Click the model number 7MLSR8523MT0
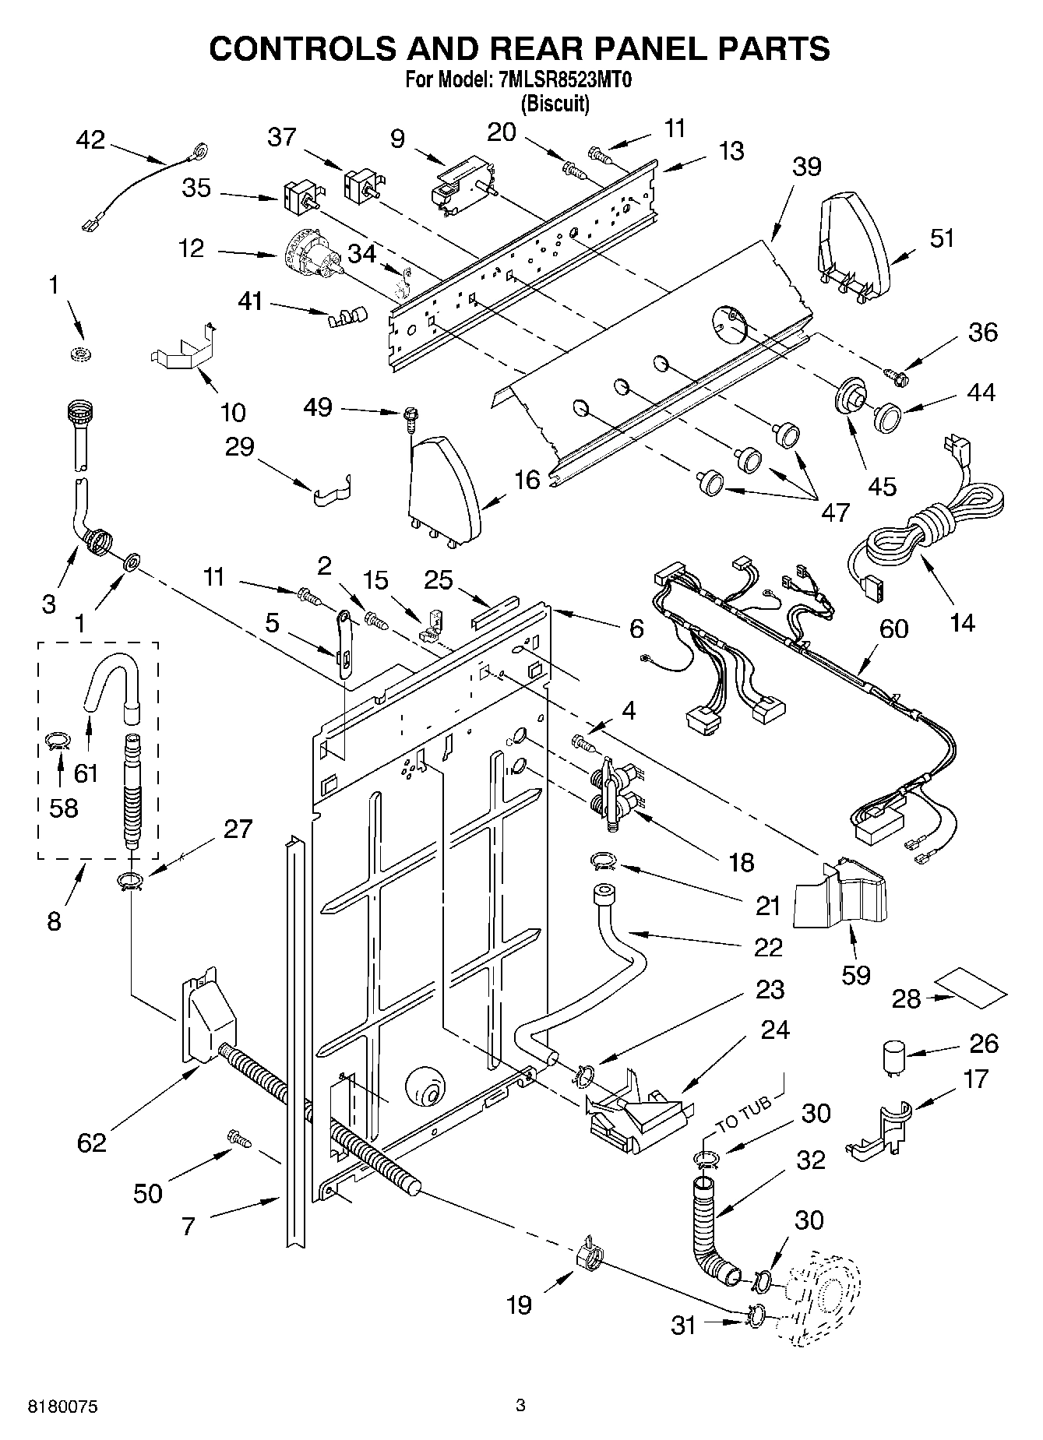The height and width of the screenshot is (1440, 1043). (x=562, y=80)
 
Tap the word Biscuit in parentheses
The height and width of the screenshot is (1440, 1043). (x=555, y=103)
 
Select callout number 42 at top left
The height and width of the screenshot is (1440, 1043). (x=90, y=140)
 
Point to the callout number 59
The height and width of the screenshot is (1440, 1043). (x=855, y=973)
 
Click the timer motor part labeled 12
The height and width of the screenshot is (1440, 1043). (x=310, y=255)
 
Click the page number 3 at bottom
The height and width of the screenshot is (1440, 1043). (x=520, y=1405)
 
